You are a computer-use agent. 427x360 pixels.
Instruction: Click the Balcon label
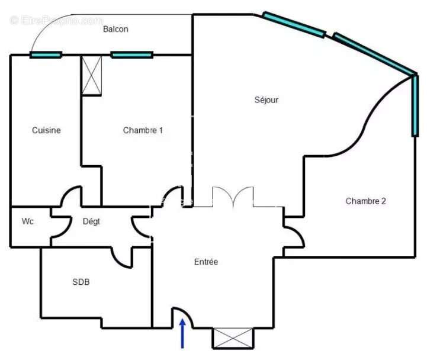coord(115,29)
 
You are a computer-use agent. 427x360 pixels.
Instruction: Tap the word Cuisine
coord(46,130)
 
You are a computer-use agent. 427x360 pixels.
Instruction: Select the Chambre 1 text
coord(143,130)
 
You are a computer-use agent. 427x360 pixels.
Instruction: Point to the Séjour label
coord(267,100)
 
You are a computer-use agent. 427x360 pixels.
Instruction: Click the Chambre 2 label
coord(365,201)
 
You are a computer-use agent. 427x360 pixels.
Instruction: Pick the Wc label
coord(27,221)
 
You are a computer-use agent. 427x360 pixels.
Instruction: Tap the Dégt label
coord(91,221)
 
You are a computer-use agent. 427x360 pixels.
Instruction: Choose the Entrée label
coord(206,262)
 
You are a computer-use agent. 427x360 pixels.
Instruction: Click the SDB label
coord(81,282)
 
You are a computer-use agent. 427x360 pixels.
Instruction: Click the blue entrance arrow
coord(182,333)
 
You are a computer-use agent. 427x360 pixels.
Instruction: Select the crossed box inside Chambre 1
coord(92,75)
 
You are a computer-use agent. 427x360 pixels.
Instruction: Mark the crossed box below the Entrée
coord(233,337)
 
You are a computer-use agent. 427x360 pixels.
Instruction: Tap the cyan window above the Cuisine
coord(46,55)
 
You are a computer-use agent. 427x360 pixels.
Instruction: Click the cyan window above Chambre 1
coord(131,55)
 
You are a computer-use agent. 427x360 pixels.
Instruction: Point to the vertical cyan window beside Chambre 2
coord(414,105)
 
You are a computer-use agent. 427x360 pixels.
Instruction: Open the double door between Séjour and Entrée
coord(233,197)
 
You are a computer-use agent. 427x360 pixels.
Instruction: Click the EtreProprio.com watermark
coord(56,21)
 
